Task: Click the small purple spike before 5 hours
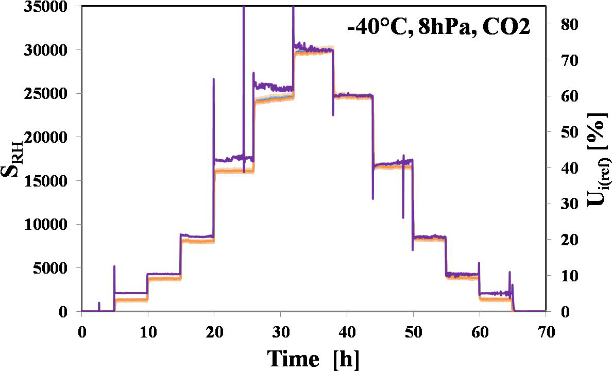(x=99, y=306)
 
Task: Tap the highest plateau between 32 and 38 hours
(x=314, y=49)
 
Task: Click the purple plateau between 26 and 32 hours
(x=273, y=87)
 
